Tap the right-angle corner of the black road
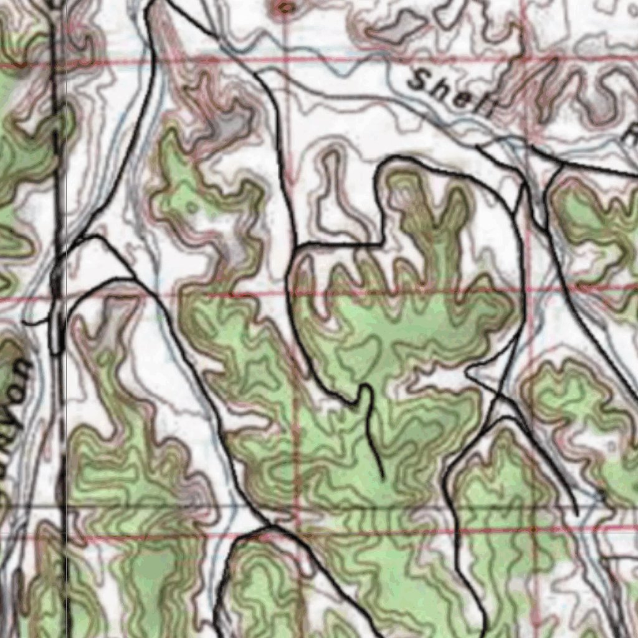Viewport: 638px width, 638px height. (381, 243)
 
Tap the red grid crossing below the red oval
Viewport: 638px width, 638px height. (284, 62)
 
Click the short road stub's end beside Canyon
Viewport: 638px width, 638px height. (25, 323)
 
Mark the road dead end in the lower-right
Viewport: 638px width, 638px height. (577, 515)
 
